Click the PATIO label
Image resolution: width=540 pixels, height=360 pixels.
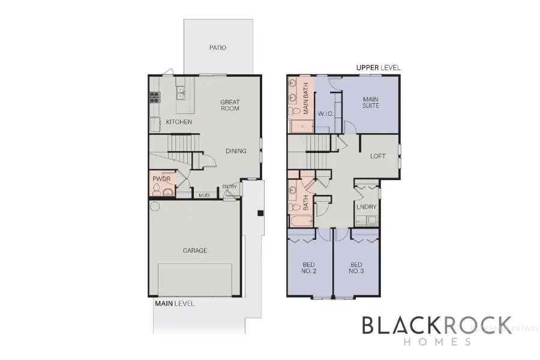click(x=218, y=47)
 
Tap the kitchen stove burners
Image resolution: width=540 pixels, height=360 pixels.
click(x=153, y=97)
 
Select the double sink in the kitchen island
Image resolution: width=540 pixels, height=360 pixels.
click(x=181, y=94)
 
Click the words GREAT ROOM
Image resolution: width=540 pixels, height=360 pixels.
click(x=229, y=105)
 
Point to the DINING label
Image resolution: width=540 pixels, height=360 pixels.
click(x=236, y=151)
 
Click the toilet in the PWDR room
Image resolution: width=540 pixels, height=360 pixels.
click(x=157, y=191)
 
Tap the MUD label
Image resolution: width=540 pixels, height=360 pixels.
click(x=203, y=194)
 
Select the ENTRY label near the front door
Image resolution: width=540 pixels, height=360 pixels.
click(x=230, y=187)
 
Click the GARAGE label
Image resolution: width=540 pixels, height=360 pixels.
click(x=195, y=250)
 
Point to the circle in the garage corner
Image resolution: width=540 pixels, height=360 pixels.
click(x=154, y=206)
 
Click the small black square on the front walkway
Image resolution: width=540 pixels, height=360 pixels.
click(x=260, y=212)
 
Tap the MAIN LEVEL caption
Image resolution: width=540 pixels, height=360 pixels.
click(x=175, y=304)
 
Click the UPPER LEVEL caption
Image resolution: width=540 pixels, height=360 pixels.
click(x=378, y=68)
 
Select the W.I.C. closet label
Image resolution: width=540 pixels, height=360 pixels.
click(x=325, y=113)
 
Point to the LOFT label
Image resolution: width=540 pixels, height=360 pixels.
click(x=377, y=156)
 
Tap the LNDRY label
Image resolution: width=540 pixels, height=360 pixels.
click(x=366, y=207)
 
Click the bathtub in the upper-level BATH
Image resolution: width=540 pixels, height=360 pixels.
click(x=300, y=220)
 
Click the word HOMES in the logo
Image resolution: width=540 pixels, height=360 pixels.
click(x=437, y=341)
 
